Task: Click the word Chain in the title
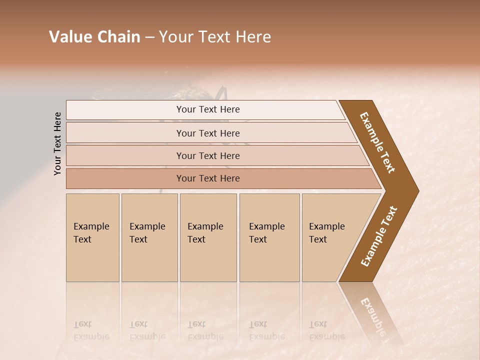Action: [119, 37]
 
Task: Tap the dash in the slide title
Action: [149, 37]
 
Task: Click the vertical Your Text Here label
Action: [57, 143]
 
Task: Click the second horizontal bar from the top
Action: [208, 133]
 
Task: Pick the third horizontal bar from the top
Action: [208, 155]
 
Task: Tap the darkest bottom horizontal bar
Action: [208, 178]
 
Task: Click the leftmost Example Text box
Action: [92, 237]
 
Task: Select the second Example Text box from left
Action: [149, 237]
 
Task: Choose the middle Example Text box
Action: [208, 237]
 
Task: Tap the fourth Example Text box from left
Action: [269, 237]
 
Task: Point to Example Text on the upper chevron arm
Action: [377, 142]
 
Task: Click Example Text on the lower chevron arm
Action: [379, 236]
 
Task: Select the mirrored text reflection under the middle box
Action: [205, 330]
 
